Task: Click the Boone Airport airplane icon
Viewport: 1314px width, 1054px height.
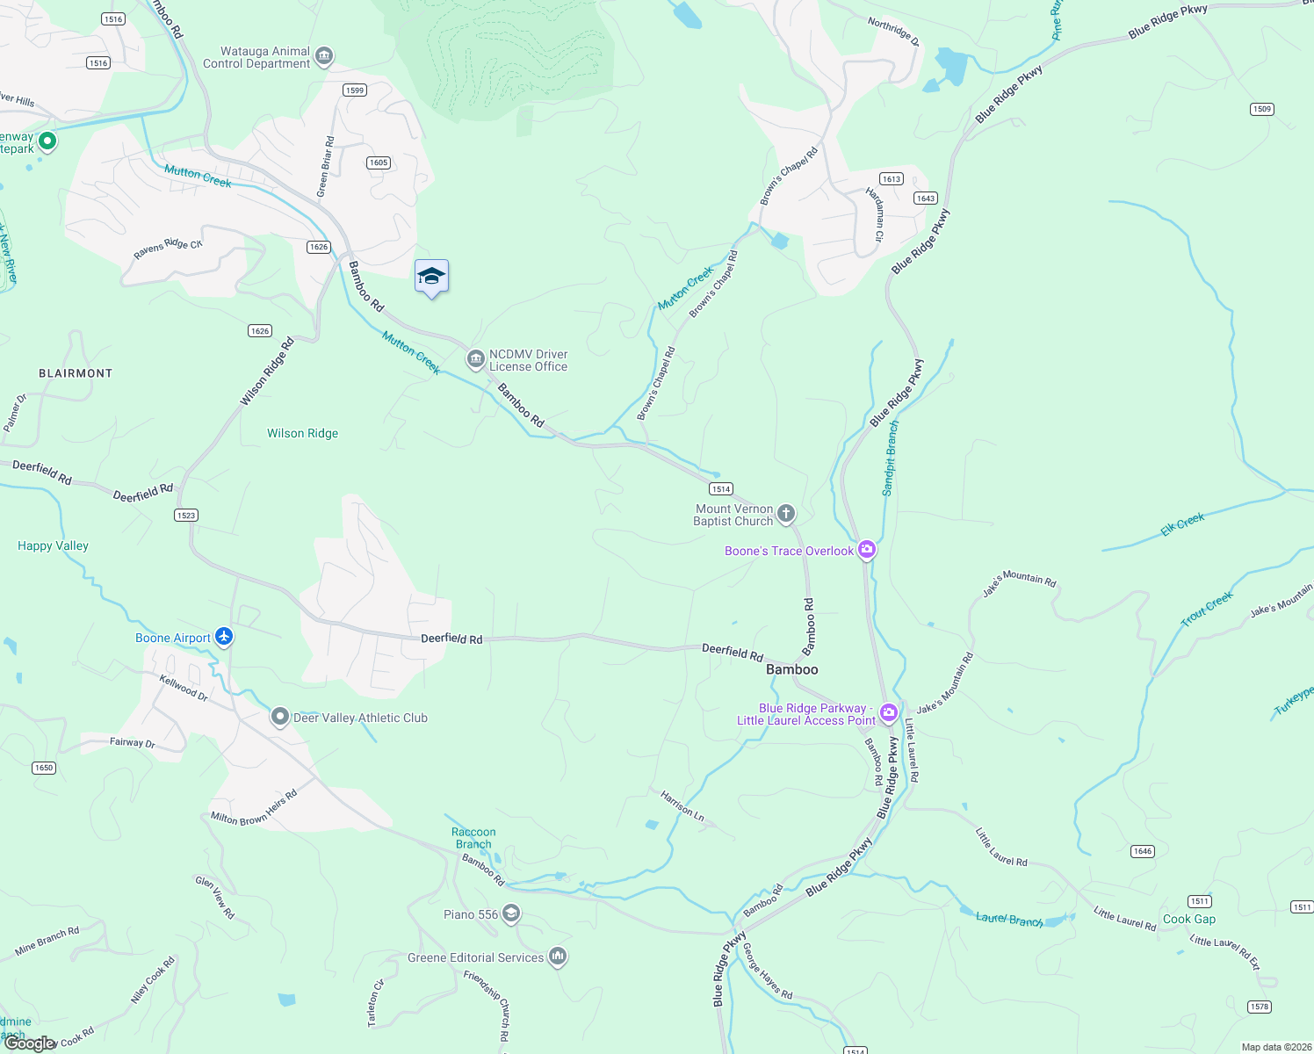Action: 224,637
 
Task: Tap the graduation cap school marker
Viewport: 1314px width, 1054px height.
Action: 431,278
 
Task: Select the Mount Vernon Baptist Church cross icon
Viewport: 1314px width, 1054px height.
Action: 786,513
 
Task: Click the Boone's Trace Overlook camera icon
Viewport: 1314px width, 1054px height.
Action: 867,550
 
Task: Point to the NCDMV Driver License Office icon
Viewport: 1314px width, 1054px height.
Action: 475,358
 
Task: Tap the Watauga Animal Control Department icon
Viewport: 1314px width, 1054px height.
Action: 323,57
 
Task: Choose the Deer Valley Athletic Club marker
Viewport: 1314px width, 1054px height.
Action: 279,717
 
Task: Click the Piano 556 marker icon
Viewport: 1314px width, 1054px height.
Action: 511,914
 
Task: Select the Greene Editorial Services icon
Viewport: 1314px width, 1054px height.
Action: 557,957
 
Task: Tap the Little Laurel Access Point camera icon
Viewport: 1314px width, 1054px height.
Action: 889,712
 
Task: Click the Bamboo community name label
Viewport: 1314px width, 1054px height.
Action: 791,669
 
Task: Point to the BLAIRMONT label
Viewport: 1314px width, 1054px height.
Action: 76,373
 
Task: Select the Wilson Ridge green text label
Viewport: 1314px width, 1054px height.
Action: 302,433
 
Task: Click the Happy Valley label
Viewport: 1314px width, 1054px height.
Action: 53,545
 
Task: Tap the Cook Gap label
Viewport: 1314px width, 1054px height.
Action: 1189,919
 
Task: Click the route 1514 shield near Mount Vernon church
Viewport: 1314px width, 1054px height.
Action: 720,489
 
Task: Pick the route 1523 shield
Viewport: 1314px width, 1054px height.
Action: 186,516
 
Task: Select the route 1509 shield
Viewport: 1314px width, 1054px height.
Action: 1261,109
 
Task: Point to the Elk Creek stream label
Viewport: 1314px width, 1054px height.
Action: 1182,524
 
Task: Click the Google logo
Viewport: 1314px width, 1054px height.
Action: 30,1043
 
